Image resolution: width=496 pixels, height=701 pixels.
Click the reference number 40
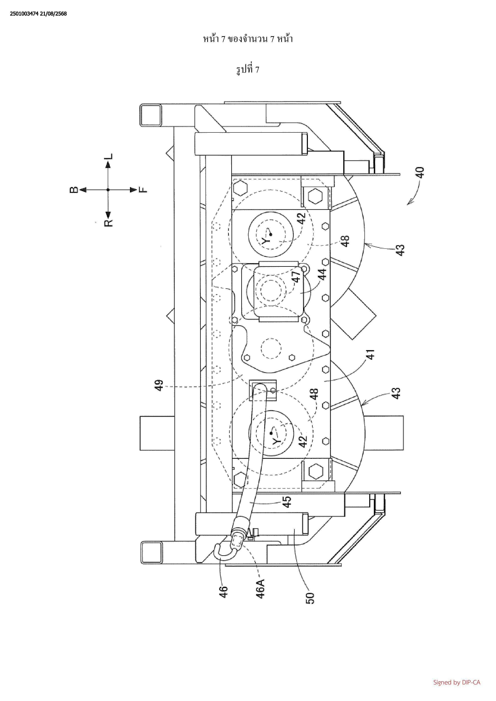(420, 172)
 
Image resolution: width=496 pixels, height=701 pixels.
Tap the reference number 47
(296, 276)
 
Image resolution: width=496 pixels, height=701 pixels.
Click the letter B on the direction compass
(74, 190)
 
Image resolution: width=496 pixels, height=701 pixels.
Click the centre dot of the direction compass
(108, 190)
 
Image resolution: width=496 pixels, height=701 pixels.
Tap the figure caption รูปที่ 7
(248, 70)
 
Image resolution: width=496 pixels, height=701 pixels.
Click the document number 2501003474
(24, 14)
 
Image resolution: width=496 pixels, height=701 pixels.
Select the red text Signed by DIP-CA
(457, 682)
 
